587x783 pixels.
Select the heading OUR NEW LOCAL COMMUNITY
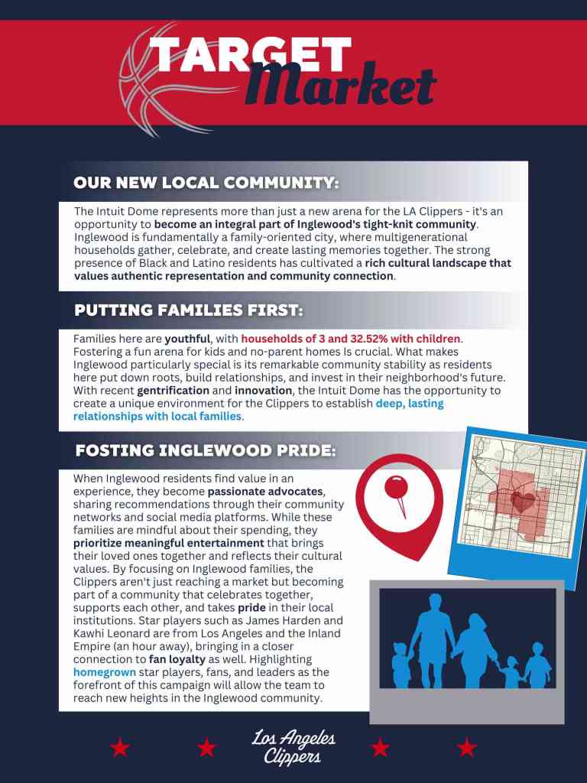pyautogui.click(x=206, y=183)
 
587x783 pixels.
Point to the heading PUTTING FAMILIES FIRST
pyautogui.click(x=189, y=310)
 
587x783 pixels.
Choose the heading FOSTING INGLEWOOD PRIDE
pyautogui.click(x=205, y=450)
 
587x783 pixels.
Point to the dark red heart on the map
pyautogui.click(x=523, y=502)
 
